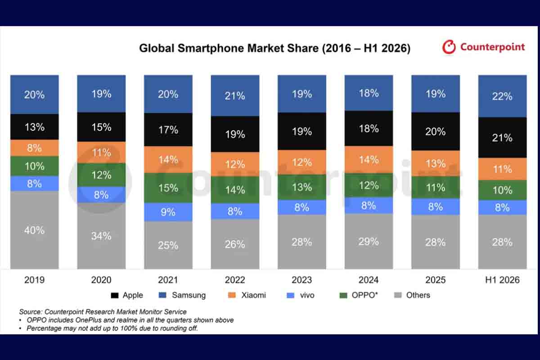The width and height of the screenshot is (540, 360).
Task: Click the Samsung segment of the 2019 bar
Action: point(35,94)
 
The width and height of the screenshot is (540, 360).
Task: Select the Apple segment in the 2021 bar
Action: point(168,130)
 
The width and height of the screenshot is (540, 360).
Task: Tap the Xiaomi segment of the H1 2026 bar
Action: point(502,169)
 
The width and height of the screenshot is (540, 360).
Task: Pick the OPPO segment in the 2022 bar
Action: point(235,190)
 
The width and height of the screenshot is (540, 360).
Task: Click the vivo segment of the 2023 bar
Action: point(302,207)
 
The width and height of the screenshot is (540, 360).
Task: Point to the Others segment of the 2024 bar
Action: point(369,241)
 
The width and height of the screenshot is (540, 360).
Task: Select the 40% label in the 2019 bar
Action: point(34,230)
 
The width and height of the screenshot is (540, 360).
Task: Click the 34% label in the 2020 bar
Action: point(101,236)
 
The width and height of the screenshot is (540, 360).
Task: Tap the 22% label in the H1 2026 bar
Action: point(502,96)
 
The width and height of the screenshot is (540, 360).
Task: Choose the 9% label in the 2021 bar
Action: point(168,212)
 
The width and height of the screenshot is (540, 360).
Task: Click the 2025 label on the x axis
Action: point(436,280)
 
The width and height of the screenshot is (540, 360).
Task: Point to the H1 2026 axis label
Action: point(502,280)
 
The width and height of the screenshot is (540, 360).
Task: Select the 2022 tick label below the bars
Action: point(235,280)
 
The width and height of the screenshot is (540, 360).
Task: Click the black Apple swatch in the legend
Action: point(114,295)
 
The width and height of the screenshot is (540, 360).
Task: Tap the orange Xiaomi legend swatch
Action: point(232,295)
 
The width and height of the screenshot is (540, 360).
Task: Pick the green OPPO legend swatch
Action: point(343,295)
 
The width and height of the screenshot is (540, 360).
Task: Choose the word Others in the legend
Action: point(418,295)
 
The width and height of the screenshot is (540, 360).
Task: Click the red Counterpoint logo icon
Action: point(449,47)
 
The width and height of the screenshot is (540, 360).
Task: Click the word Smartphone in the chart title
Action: point(211,48)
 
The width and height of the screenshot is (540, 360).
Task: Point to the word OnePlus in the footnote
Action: point(89,320)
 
